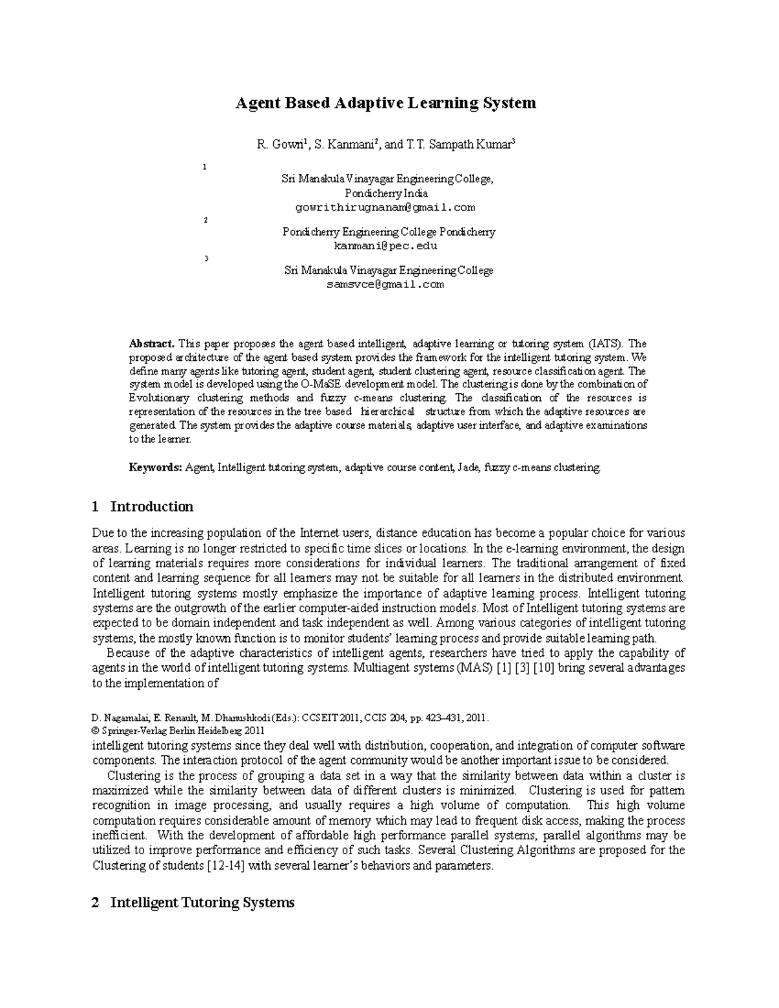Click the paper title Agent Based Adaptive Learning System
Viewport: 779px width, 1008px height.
(385, 103)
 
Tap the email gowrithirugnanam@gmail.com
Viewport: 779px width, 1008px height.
(385, 208)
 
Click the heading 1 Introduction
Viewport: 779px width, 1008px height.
(143, 506)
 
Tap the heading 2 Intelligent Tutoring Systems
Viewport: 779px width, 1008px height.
(193, 902)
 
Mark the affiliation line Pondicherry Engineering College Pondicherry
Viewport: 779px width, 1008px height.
(389, 232)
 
